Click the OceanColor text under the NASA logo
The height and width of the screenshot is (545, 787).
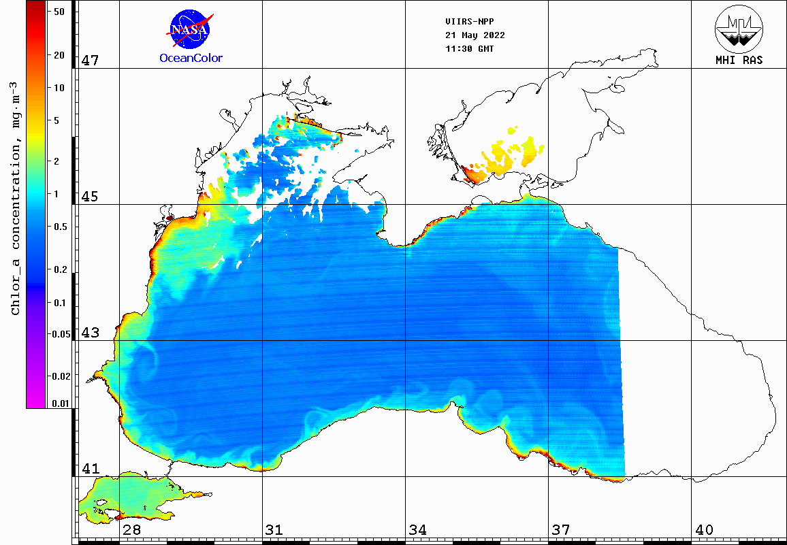click(191, 59)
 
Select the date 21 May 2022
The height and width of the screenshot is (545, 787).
click(475, 35)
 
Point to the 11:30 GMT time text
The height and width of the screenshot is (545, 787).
click(470, 49)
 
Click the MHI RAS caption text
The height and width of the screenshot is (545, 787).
click(739, 60)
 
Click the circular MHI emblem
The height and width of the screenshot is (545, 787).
click(739, 29)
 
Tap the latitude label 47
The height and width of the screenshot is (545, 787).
click(91, 61)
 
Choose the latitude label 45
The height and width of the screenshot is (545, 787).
click(91, 197)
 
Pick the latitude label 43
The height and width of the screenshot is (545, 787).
click(91, 333)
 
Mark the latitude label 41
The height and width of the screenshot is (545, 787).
click(91, 469)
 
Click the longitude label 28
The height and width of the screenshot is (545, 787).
click(131, 530)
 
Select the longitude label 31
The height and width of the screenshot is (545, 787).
click(274, 530)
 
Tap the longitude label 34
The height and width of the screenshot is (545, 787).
click(418, 530)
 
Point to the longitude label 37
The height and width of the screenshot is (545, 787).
click(561, 530)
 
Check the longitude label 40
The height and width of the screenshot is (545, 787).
click(704, 530)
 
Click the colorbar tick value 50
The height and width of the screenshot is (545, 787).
click(59, 12)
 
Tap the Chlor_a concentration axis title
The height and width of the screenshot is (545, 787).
click(16, 197)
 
